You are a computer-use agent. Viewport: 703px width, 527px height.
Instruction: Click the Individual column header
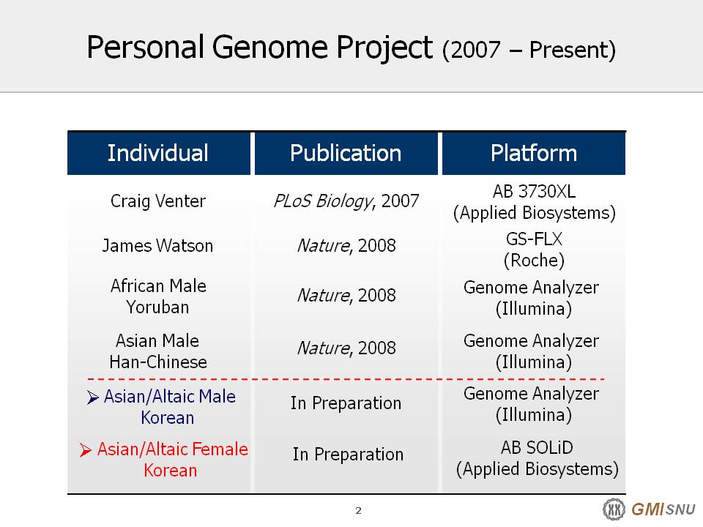coord(158,153)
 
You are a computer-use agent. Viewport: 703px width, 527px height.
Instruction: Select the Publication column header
coord(346,153)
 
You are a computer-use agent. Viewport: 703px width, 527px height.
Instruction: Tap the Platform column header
coord(534,153)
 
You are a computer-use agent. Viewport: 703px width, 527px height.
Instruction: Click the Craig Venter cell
coord(158,201)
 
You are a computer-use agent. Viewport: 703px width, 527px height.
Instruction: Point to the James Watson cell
coord(157,246)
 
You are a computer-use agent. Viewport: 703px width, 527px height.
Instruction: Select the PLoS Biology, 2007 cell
coord(346,201)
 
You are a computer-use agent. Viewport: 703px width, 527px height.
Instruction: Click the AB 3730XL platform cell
coord(534,202)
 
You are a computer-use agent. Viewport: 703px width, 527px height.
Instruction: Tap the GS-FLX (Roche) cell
coord(534,250)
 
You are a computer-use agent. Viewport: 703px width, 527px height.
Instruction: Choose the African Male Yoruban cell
coord(158,296)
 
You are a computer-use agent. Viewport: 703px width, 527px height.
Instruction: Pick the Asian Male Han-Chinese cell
coord(158,351)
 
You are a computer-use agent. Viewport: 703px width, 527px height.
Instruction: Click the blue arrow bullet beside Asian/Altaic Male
coord(92,397)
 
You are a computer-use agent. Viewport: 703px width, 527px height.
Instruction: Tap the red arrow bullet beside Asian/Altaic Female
coord(85,449)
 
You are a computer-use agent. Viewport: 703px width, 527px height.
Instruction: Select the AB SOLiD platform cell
coord(537,458)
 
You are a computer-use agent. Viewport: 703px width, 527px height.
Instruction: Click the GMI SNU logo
coord(649,509)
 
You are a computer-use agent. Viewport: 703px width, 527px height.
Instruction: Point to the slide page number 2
coord(358,510)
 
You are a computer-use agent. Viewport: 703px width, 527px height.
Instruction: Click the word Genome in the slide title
coord(271,47)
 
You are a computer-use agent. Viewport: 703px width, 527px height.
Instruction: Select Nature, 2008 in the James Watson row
coord(346,246)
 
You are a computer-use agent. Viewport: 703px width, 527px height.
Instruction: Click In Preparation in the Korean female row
coord(348,455)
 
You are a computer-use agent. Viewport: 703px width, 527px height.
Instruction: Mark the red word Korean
coord(171,471)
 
